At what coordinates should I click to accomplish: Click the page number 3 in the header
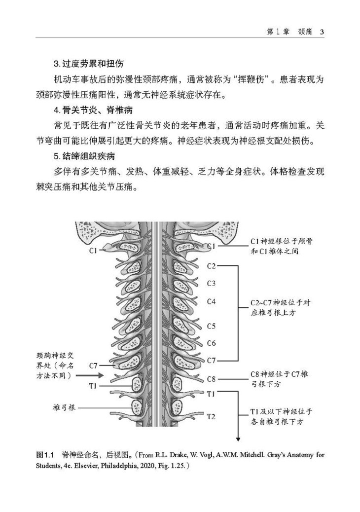click(x=321, y=32)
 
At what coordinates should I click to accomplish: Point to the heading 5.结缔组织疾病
click(x=84, y=157)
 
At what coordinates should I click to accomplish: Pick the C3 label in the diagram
click(x=212, y=283)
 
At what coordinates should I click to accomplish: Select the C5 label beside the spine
click(x=212, y=326)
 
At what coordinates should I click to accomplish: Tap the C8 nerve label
click(x=212, y=379)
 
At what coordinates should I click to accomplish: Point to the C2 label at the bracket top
click(x=212, y=266)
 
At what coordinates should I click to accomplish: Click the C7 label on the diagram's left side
click(x=93, y=366)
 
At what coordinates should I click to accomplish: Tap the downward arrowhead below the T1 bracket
click(x=239, y=439)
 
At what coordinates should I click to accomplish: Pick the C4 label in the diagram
click(x=212, y=301)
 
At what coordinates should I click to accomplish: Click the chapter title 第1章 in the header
click(x=277, y=32)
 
